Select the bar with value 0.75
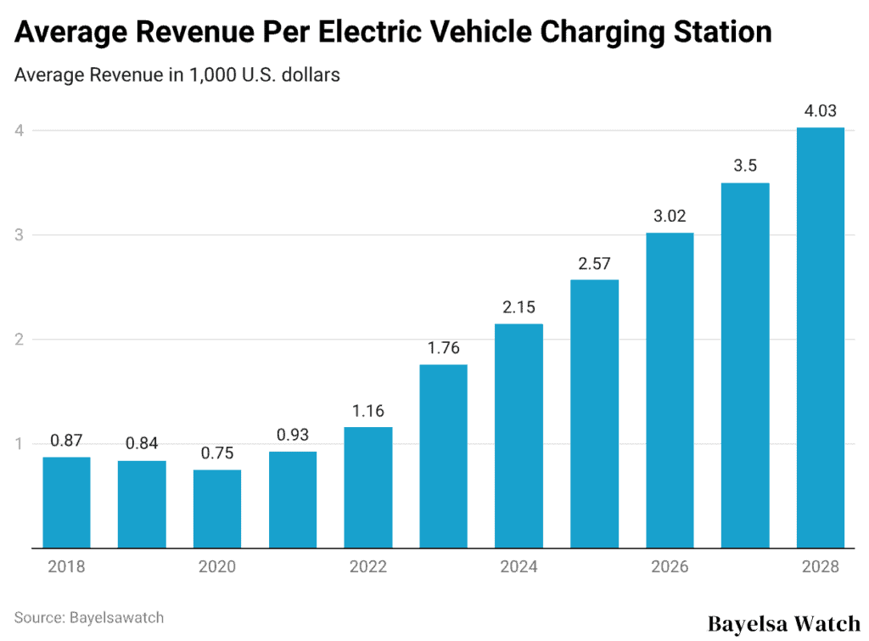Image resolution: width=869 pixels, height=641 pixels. [x=217, y=509]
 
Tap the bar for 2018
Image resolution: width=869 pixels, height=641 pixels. [x=67, y=503]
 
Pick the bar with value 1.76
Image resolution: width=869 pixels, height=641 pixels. [x=443, y=456]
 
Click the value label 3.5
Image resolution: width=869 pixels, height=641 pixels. [x=745, y=166]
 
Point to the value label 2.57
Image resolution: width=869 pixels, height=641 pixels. [x=594, y=263]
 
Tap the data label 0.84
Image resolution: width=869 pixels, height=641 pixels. [x=142, y=444]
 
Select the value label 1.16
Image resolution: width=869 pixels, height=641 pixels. [x=368, y=411]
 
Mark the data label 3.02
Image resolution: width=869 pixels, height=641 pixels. [x=670, y=216]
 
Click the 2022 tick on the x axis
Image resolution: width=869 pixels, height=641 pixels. [x=368, y=567]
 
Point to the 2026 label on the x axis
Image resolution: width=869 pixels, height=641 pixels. [x=670, y=567]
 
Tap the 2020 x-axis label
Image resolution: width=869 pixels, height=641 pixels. [x=217, y=567]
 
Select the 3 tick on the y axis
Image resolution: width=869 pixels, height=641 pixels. [x=19, y=235]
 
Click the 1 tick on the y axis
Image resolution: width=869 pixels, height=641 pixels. [x=19, y=444]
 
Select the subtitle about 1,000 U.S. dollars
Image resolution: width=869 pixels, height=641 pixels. [x=177, y=75]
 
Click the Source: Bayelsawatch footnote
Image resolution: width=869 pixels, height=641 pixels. [x=89, y=617]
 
